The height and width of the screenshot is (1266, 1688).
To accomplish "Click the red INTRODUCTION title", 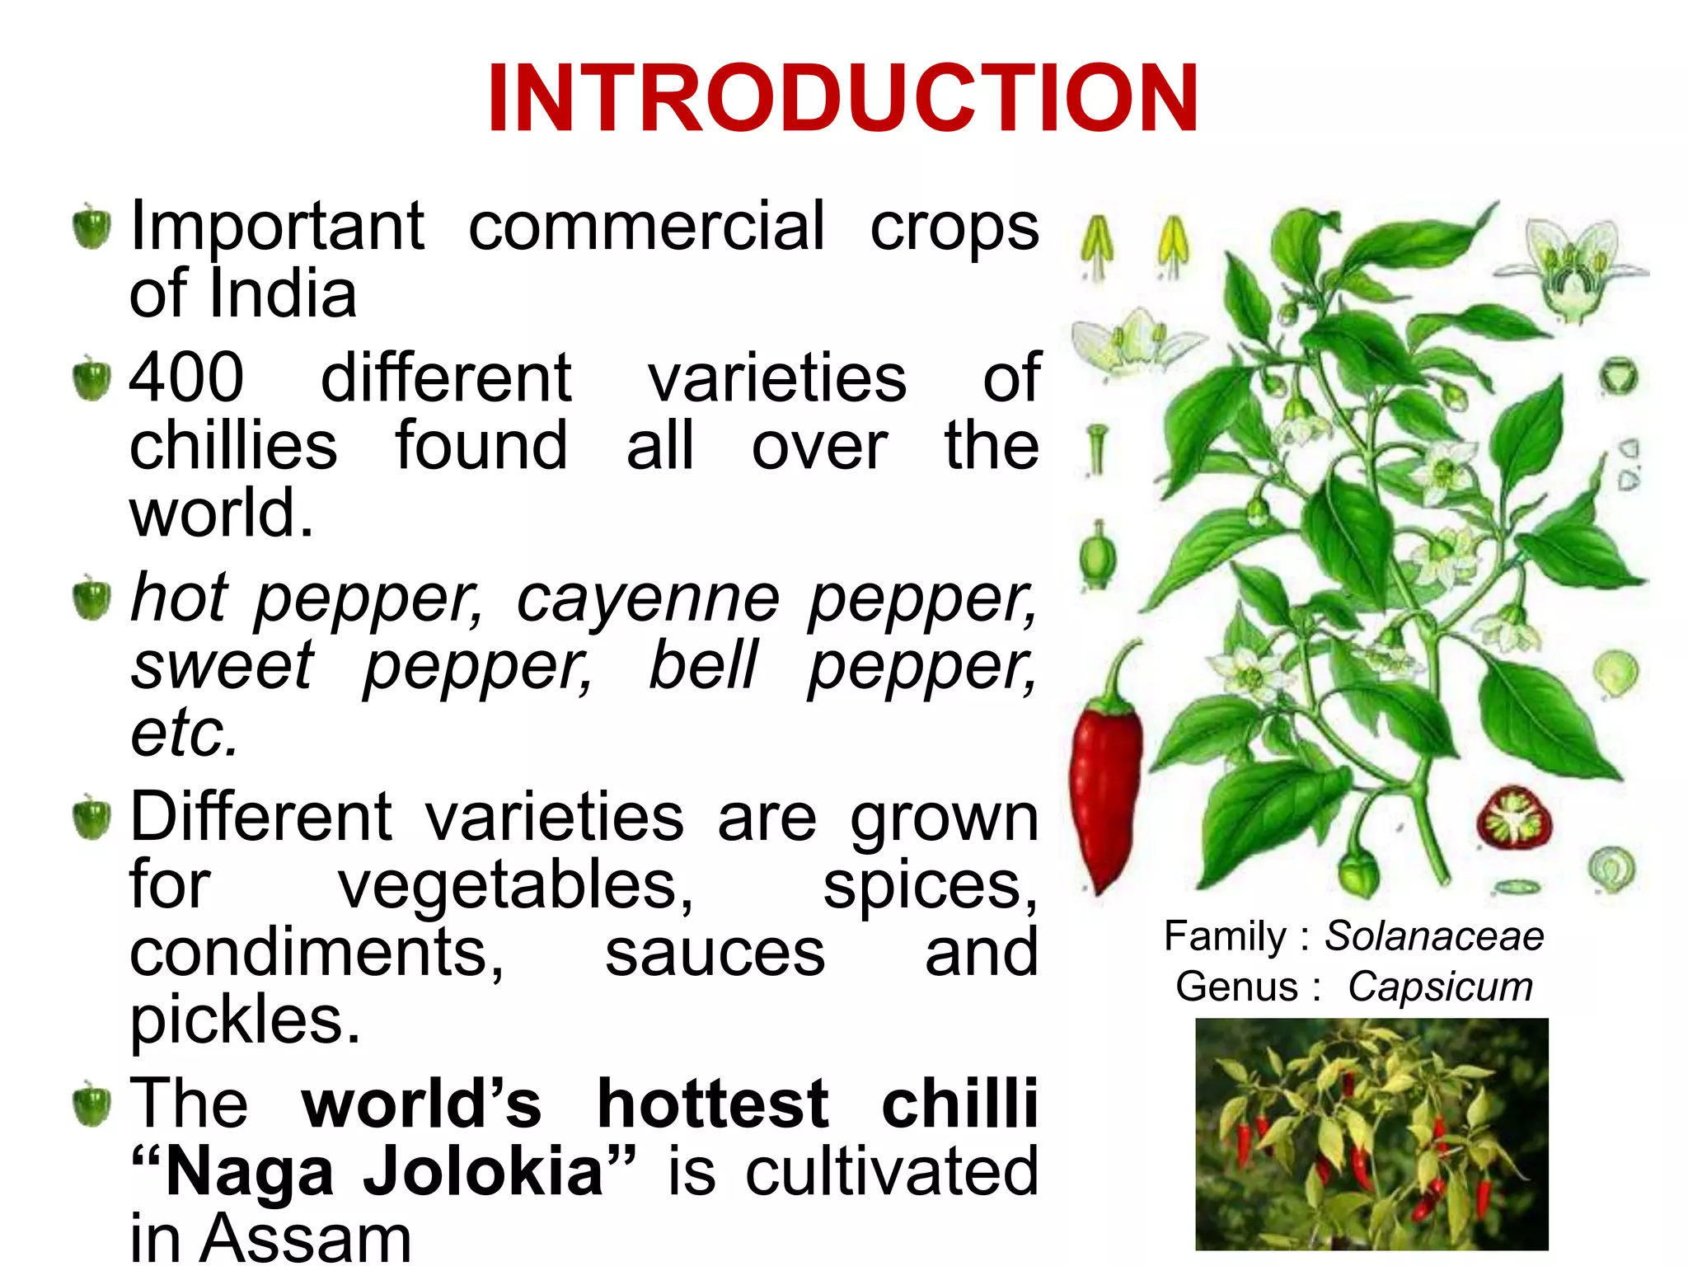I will coord(842,99).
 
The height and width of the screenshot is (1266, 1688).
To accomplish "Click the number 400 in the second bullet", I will coord(187,377).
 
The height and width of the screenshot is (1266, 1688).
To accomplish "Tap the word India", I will coord(284,294).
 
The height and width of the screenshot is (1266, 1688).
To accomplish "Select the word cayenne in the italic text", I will coord(648,600).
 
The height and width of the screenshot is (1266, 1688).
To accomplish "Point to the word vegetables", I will coord(517,887).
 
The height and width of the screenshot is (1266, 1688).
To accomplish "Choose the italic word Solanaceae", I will coord(1434,936).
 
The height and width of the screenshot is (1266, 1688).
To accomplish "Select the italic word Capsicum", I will coord(1440,987).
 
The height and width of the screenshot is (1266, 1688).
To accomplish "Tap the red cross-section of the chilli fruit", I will coord(1514,818).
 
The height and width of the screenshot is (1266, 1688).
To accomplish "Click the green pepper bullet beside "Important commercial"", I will coord(91,227).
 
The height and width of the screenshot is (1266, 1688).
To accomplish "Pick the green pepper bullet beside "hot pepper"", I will coord(91,599).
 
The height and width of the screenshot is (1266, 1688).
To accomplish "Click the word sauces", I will coord(715,954).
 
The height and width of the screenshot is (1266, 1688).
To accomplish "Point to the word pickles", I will coord(245,1022).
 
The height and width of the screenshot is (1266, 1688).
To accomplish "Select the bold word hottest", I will coord(713,1104).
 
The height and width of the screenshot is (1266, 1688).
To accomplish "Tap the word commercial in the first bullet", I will coord(646,227).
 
